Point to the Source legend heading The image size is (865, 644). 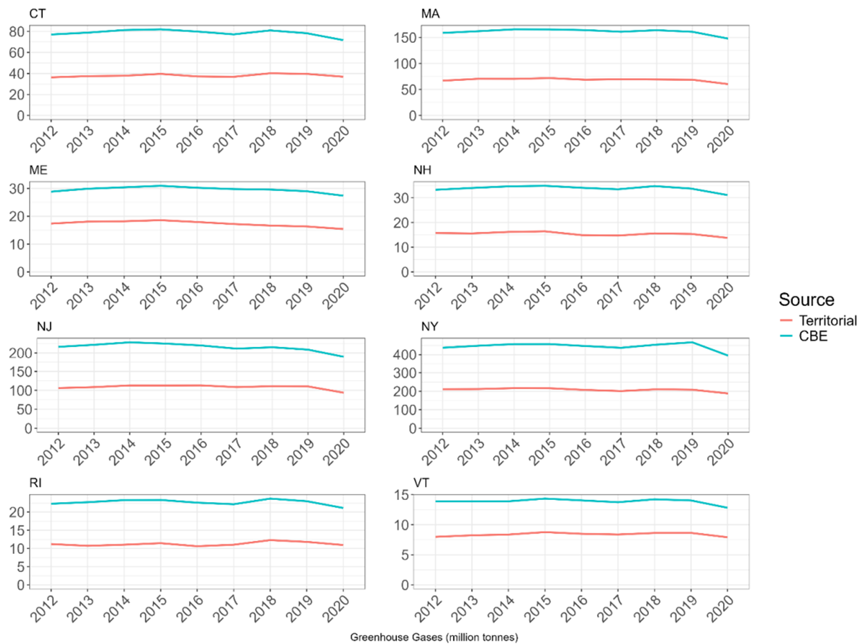coord(805,300)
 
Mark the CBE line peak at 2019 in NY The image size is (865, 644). coord(691,342)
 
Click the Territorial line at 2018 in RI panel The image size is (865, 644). coord(269,540)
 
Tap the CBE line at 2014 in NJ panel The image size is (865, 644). coord(130,342)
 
